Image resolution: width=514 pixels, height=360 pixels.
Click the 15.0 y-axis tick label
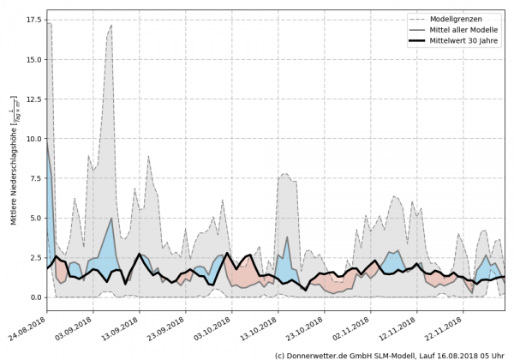point(34,60)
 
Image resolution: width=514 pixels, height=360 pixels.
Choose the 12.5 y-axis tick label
point(34,99)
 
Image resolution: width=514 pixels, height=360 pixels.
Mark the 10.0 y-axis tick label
point(34,139)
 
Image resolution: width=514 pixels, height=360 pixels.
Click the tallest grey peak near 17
point(111,25)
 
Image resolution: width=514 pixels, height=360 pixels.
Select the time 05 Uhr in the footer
point(493,354)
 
